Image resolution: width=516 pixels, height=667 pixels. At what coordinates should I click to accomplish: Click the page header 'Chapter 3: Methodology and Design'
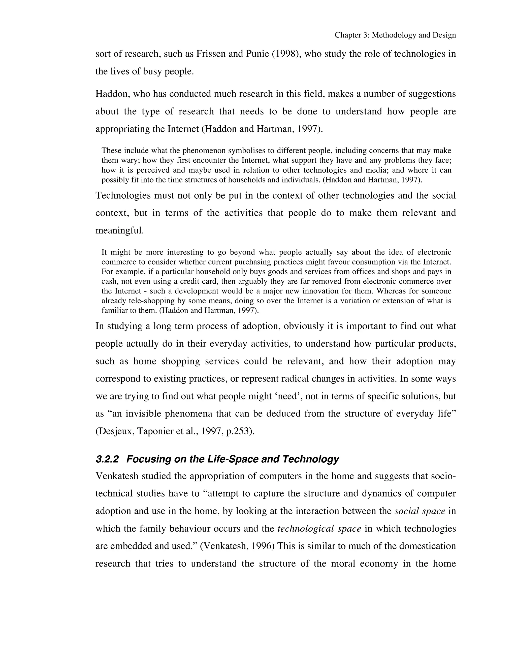[x=395, y=35]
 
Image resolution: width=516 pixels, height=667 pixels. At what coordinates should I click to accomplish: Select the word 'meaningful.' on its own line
[x=119, y=231]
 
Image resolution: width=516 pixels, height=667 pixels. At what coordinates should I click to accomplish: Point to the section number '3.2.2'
[x=107, y=459]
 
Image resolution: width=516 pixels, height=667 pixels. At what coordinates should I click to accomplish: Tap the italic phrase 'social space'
[x=420, y=511]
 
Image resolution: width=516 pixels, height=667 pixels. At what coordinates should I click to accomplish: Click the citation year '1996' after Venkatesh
[x=261, y=546]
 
